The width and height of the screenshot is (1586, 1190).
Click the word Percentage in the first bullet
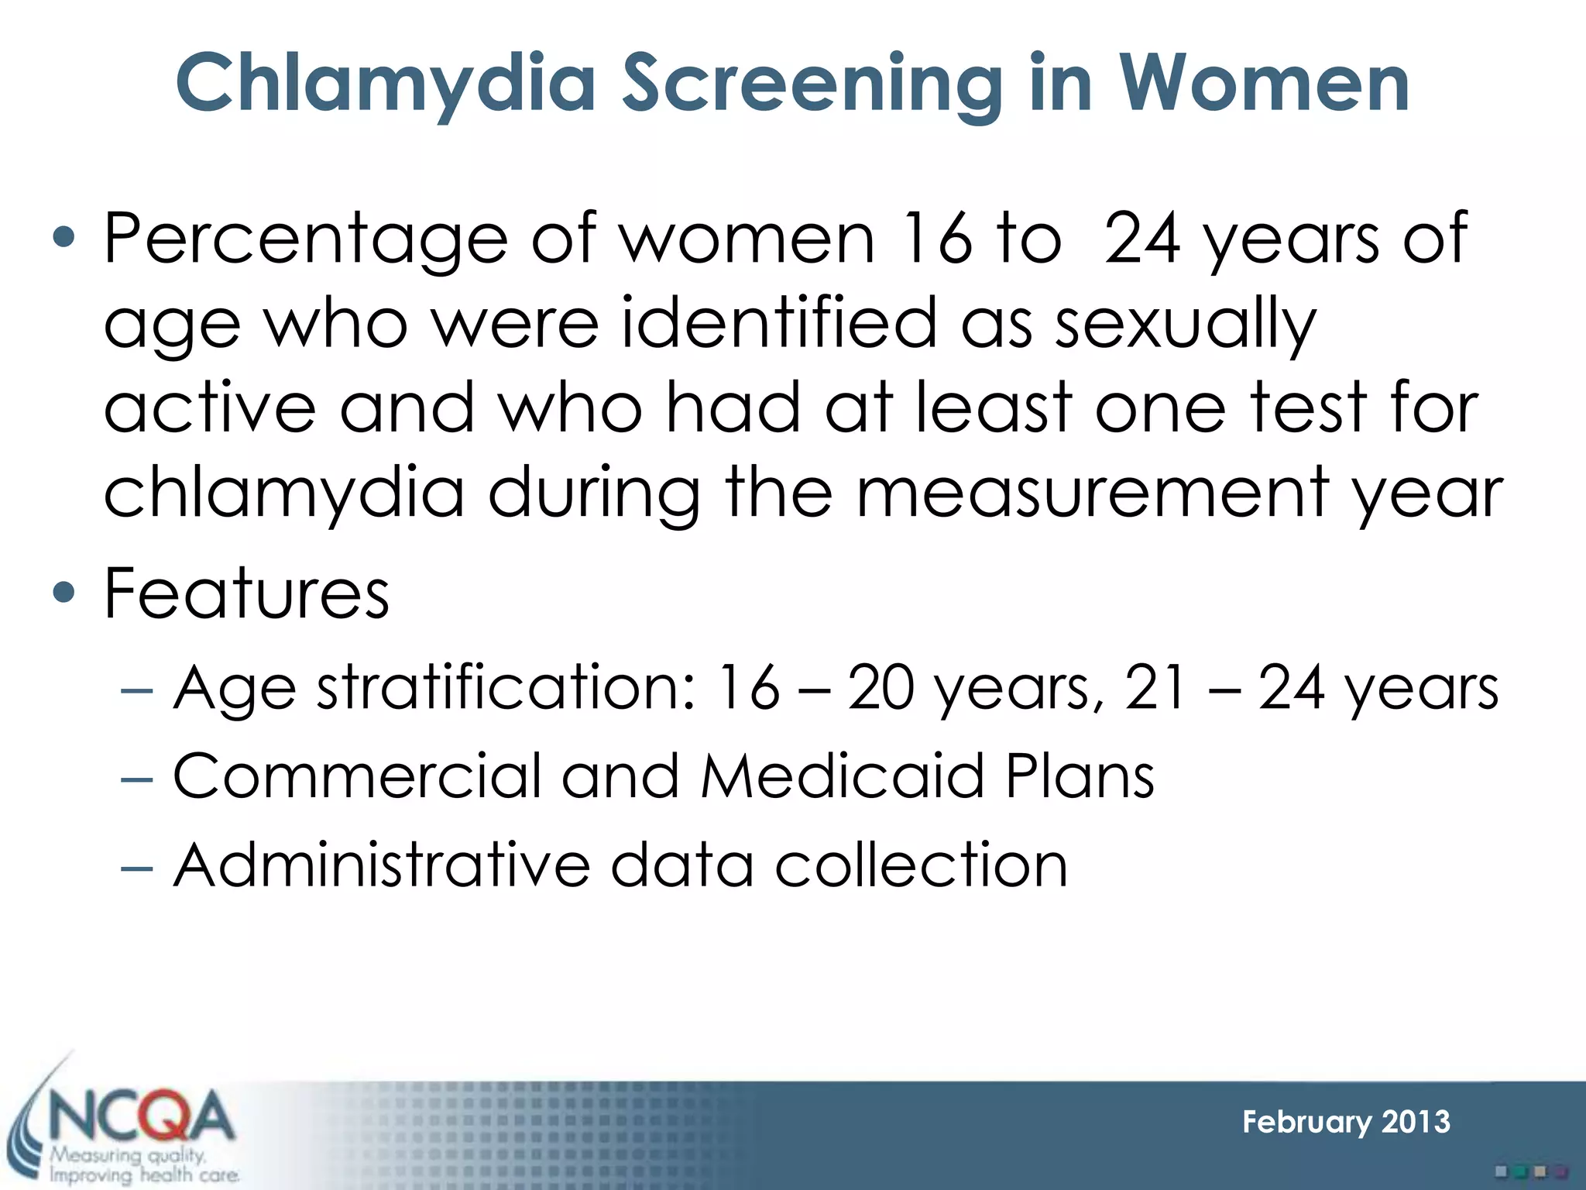(305, 239)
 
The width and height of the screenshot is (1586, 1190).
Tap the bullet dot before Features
(65, 593)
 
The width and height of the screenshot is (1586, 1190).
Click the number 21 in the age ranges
(1155, 687)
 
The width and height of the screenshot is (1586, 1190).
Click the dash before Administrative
(137, 867)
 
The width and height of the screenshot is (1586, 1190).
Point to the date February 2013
(1346, 1122)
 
